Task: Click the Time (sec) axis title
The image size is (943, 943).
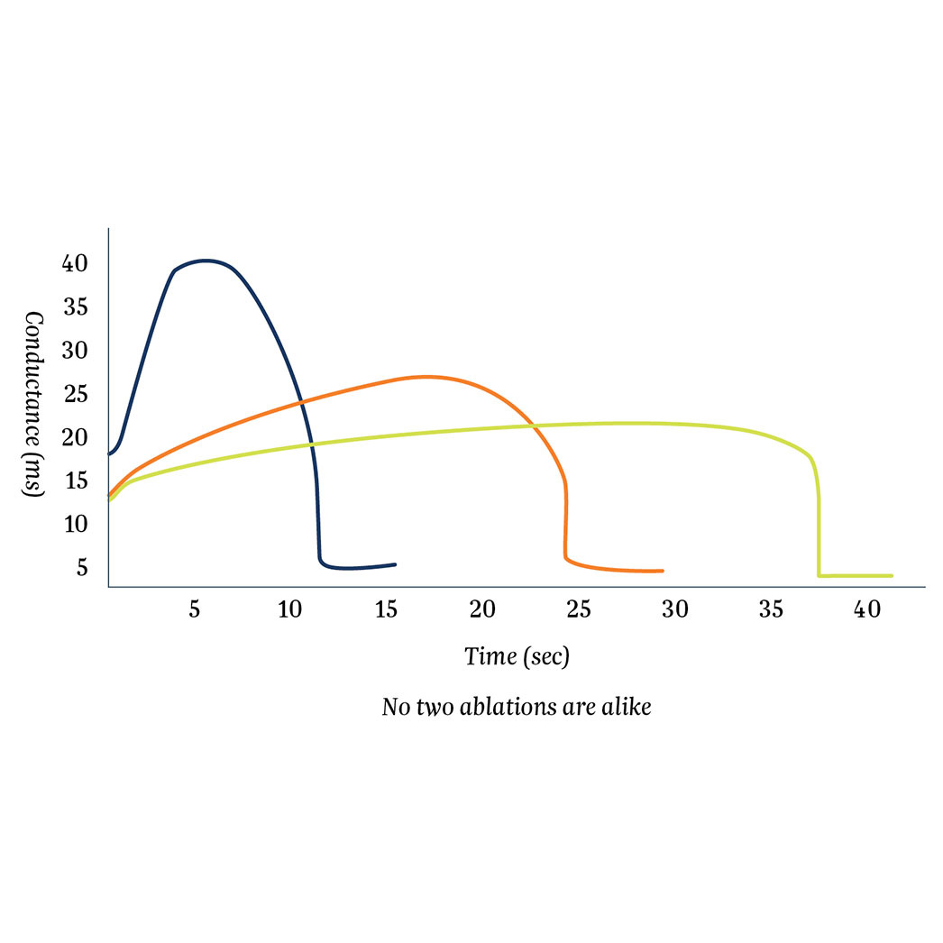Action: click(517, 656)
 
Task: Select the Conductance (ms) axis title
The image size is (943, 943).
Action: click(34, 406)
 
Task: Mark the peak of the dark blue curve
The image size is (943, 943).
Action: click(206, 261)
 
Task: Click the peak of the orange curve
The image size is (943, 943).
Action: click(426, 376)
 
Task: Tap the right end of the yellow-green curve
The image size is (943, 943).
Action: click(892, 575)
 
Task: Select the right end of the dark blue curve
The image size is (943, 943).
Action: click(395, 564)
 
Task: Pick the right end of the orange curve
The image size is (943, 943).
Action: click(663, 571)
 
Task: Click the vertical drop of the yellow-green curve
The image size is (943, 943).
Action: click(819, 532)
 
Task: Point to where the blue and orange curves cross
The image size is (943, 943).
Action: click(304, 399)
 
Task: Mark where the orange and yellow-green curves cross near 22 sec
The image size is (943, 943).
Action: click(532, 425)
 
